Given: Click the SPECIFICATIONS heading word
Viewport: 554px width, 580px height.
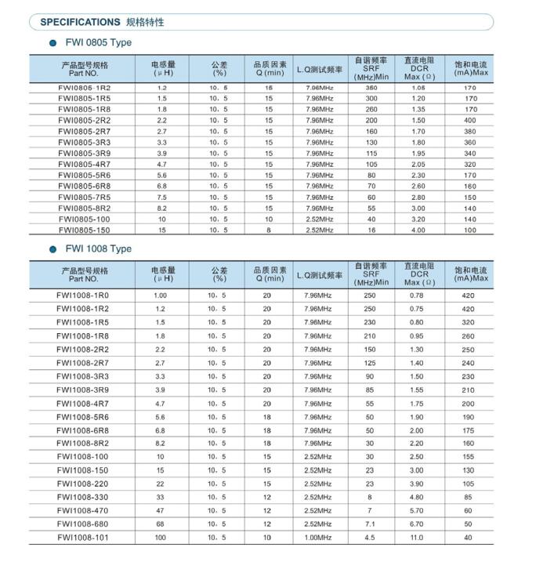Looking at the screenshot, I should click(80, 22).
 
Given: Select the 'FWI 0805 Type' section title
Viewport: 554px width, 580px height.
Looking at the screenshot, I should click(98, 42).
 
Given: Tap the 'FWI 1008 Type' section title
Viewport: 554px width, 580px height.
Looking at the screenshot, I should click(98, 248).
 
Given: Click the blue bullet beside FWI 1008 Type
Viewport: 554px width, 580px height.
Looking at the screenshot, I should click(53, 249).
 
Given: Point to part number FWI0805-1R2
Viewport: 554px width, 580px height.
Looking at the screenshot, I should click(85, 88).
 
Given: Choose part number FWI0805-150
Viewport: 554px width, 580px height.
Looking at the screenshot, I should click(85, 230).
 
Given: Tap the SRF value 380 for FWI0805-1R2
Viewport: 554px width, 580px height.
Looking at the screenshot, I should click(371, 88).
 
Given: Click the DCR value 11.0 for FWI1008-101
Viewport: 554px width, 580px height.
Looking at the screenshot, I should click(416, 538).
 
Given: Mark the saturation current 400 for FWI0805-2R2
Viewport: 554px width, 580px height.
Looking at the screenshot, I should click(470, 121).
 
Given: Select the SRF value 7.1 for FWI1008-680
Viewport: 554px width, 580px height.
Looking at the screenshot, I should click(370, 524).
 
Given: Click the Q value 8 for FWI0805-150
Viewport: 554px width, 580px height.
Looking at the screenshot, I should click(268, 230).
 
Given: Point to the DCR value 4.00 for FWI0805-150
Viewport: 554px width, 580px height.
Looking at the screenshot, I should click(418, 230).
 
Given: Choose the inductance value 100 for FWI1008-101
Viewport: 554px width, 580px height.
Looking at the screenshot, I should click(161, 538).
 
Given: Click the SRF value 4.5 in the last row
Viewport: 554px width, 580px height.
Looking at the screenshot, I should click(370, 538).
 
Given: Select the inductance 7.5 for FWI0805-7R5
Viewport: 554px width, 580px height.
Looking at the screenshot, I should click(162, 198).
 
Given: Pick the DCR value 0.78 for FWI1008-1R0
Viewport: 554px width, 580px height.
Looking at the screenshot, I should click(416, 295).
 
